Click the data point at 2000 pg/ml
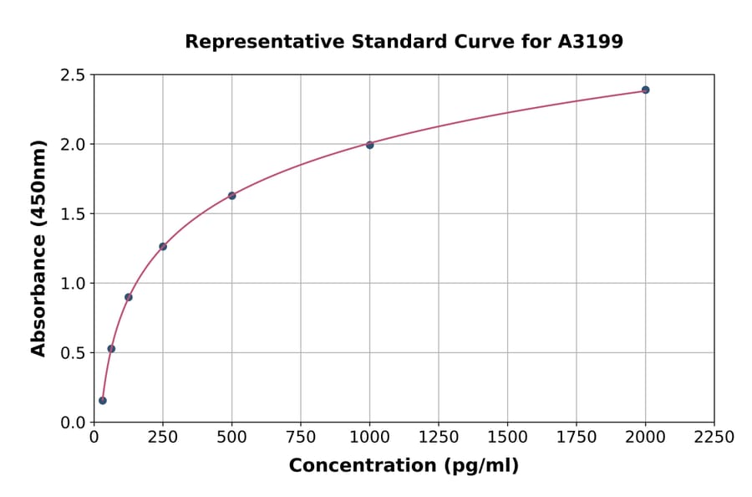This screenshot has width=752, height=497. pos(645,90)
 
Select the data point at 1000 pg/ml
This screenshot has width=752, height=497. pos(369,145)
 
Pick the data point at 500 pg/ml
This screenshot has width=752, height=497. pos(231,196)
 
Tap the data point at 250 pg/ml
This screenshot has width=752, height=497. pos(163,247)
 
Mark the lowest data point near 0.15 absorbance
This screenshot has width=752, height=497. pos(103,401)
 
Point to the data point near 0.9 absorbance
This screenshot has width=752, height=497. pos(129,297)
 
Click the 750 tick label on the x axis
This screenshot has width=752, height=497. pos(301,438)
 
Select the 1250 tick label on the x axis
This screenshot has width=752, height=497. pos(439,438)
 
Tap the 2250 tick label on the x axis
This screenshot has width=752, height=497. pos(714,438)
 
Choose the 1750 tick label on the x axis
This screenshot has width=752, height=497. pos(577,438)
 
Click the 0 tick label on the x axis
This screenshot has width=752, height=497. pos(94,438)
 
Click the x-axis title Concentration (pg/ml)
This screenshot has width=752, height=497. pos(404,466)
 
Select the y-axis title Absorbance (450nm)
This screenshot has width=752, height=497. pos(38,248)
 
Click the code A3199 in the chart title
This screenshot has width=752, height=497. pos(590,41)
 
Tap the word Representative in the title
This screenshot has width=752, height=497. pos(252,41)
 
